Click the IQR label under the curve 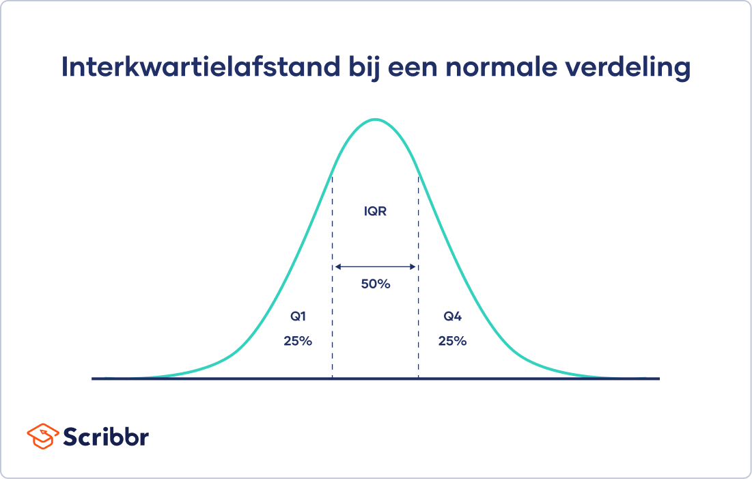click(x=375, y=212)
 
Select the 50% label click(x=375, y=284)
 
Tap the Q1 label click(x=298, y=316)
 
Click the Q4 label click(x=452, y=316)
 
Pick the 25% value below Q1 click(x=298, y=341)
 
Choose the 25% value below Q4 click(x=452, y=341)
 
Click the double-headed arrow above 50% click(x=375, y=267)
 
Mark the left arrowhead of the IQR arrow click(x=336, y=267)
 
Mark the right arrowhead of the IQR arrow click(x=414, y=267)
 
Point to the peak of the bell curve click(x=375, y=120)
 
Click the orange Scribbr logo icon click(x=42, y=435)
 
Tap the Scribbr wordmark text click(x=106, y=435)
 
